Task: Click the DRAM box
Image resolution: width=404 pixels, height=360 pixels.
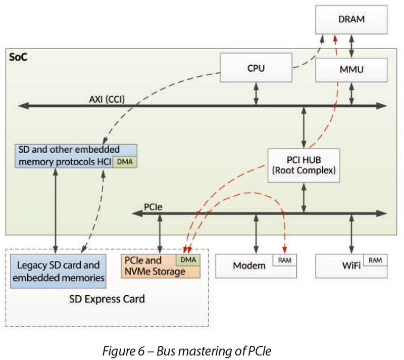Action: [351, 20]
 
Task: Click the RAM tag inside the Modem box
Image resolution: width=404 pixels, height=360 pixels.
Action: [284, 260]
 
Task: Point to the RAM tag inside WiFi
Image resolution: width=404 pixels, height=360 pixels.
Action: [375, 260]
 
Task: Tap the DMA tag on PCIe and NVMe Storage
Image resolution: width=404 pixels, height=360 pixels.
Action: [188, 260]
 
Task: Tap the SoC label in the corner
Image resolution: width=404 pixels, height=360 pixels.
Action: [18, 56]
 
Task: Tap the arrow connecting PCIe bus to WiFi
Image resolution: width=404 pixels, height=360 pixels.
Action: [351, 233]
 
